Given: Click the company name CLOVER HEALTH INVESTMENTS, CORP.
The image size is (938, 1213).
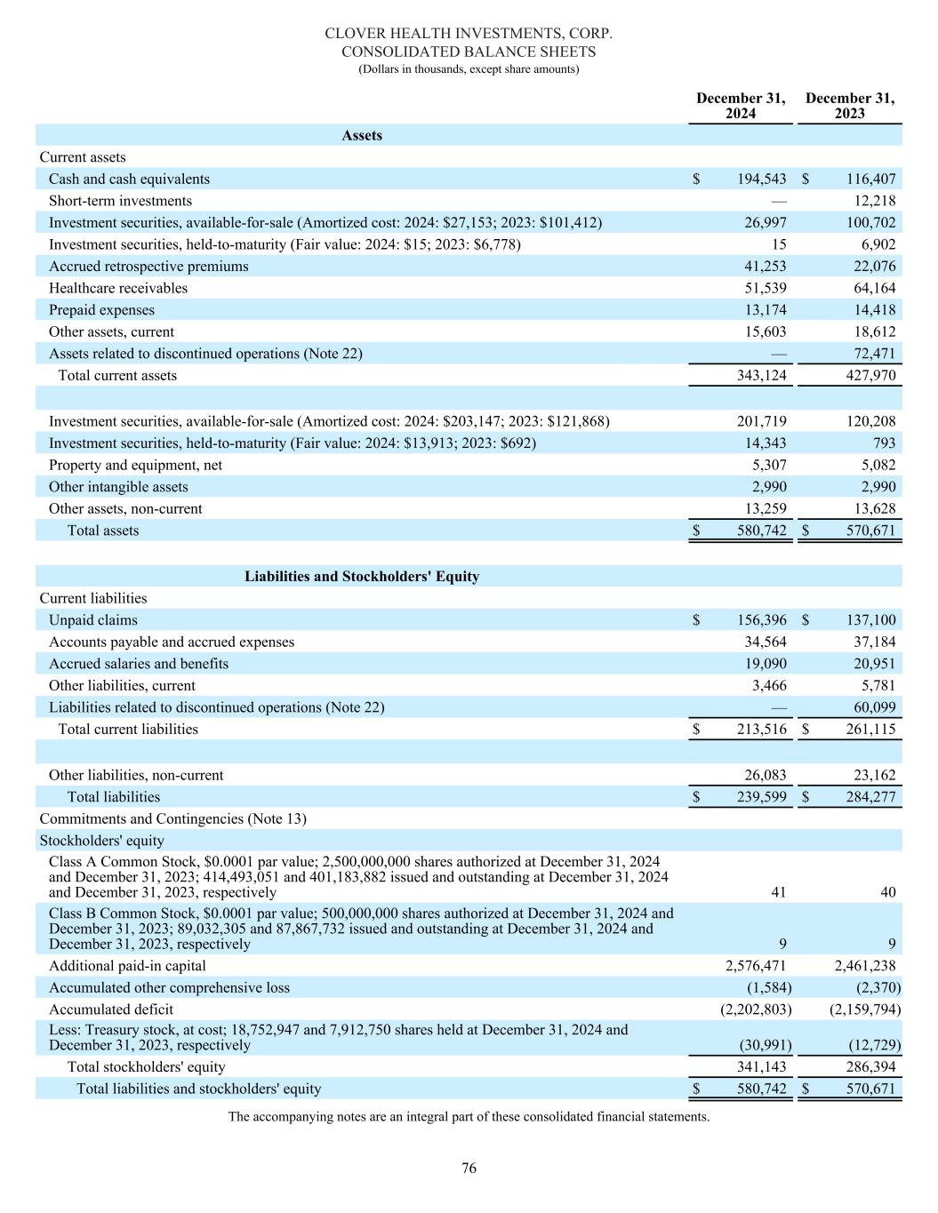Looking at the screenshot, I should [x=469, y=33].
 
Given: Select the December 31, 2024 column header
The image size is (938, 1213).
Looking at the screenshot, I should [x=741, y=106].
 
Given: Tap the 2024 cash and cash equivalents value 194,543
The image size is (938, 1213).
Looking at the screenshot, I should [x=761, y=180].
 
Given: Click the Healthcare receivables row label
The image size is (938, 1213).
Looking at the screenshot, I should [x=118, y=288].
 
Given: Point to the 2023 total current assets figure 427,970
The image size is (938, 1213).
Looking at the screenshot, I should [x=870, y=375].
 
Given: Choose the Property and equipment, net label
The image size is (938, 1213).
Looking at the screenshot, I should [x=135, y=465].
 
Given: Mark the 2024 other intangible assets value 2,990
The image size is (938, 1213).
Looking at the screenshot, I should [x=769, y=487].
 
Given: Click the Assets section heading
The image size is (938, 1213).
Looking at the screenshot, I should [x=362, y=136].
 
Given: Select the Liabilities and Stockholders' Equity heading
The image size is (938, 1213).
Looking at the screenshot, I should [x=362, y=577].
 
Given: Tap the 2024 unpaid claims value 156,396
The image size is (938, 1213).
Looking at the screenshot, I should [x=761, y=620].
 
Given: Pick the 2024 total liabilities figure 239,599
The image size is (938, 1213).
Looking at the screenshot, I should [x=761, y=797].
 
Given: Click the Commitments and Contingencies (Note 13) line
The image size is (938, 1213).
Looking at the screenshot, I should [x=172, y=818].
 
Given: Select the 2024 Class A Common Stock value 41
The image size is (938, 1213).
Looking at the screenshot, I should [x=778, y=892].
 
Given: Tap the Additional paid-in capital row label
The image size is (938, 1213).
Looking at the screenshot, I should [x=127, y=966].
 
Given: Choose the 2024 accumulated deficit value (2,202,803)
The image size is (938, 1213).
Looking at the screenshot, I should [x=755, y=1010].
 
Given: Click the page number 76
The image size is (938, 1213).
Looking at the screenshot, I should [x=469, y=1169].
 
